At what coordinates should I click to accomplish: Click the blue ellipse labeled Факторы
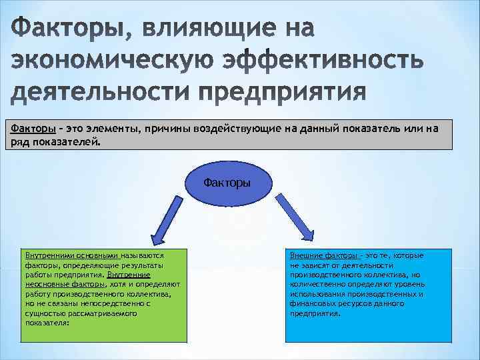click(227, 182)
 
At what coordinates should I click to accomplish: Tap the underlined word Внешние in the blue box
click(303, 255)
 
